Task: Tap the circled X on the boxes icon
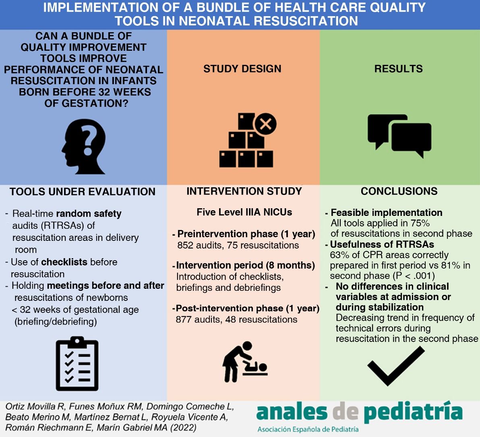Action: coord(265,124)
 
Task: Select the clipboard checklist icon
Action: coord(77,364)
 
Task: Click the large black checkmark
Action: coord(396,366)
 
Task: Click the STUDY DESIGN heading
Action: coord(242,68)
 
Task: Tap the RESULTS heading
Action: coord(399,68)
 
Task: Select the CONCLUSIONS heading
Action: coord(399,191)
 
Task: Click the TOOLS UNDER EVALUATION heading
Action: coord(83,192)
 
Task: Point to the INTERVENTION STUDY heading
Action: coord(244,191)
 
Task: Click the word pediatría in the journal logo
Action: coord(414,412)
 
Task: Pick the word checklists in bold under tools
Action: coord(64,262)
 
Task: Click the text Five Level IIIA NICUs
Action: coord(244,212)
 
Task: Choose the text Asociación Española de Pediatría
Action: coord(308,429)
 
